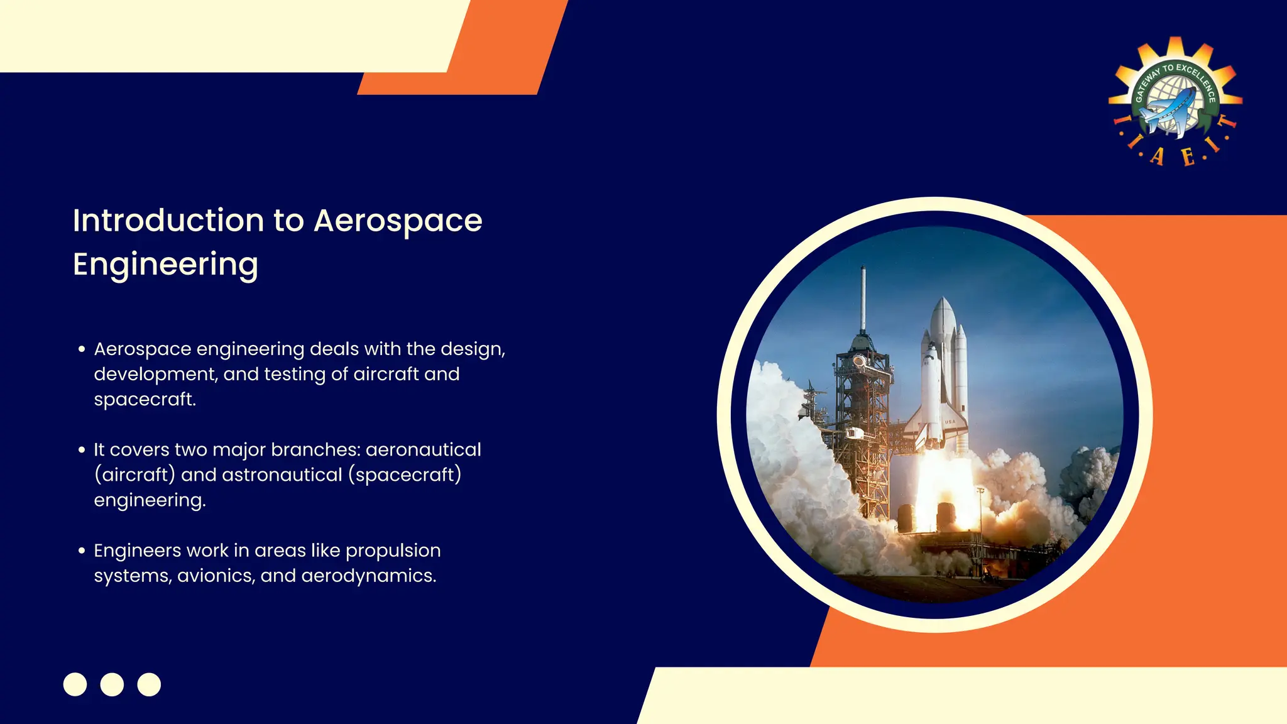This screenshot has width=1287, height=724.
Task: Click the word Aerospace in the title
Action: click(398, 221)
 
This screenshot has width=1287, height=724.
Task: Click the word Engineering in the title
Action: click(165, 265)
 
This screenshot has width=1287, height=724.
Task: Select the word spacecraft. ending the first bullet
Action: click(145, 399)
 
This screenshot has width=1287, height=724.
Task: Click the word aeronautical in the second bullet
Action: click(423, 449)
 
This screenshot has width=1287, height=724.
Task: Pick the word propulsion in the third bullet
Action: click(393, 551)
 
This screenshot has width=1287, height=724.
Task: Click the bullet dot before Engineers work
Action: click(82, 551)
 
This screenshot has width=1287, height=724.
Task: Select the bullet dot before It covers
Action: click(82, 450)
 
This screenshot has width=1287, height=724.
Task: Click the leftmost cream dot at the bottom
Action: click(75, 684)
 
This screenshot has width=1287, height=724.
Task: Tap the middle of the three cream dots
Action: click(112, 684)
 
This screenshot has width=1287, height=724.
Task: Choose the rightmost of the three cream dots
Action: click(149, 684)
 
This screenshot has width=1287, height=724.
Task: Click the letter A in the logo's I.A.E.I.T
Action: click(1156, 156)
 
